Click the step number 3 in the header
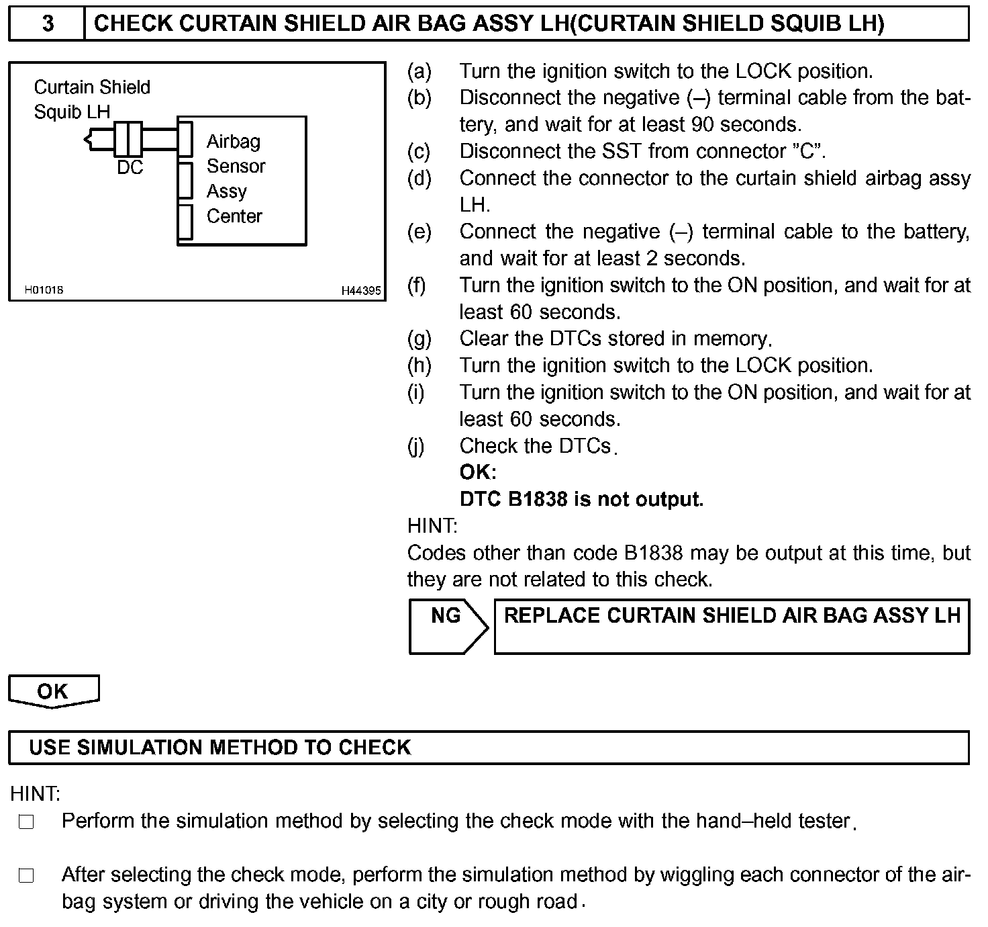47,24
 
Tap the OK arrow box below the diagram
53,691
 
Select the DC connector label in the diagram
130,167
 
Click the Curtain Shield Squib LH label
91,99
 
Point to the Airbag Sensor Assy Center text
236,179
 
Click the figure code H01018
44,290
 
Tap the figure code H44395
360,291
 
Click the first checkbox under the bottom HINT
26,822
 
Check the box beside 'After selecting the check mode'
26,875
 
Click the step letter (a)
419,71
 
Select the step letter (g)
419,339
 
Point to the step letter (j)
416,446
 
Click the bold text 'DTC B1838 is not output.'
581,499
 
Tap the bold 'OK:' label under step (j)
477,472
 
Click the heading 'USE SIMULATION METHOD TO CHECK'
219,748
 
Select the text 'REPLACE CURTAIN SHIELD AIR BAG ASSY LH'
732,616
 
